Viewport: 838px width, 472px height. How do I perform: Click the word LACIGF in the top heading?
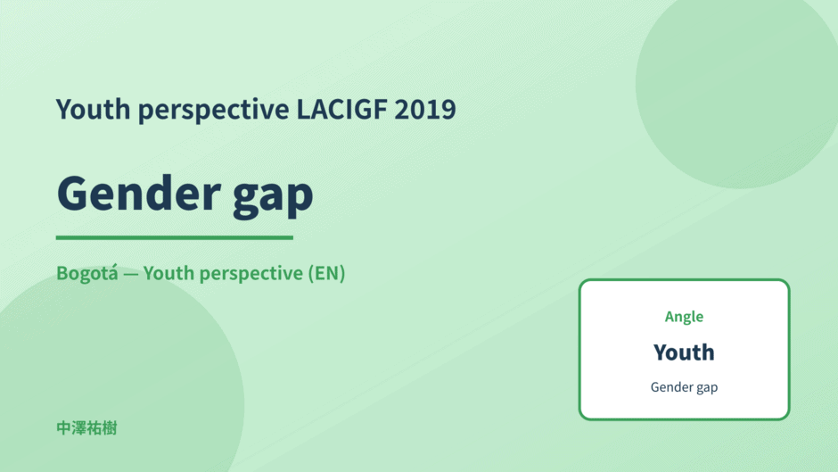click(342, 109)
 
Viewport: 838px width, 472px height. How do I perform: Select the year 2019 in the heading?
click(425, 109)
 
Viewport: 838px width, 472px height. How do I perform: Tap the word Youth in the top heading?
click(93, 109)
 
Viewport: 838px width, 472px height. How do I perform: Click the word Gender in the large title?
click(139, 193)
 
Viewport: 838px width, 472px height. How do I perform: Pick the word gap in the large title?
click(273, 198)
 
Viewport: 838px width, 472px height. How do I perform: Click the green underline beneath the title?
click(175, 237)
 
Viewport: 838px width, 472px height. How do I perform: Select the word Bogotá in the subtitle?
click(87, 273)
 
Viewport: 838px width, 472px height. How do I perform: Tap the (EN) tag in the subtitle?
click(326, 273)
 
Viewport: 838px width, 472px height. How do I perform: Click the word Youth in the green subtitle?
click(168, 273)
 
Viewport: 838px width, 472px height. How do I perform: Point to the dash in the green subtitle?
click(131, 274)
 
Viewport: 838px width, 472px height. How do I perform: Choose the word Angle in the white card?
click(684, 317)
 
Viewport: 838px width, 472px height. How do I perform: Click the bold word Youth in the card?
click(684, 352)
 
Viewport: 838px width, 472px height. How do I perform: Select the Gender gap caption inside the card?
click(684, 387)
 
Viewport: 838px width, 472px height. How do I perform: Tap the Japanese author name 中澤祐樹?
click(86, 428)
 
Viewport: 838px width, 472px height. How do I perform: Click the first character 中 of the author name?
click(63, 428)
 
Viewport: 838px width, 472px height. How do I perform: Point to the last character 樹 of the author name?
click(110, 428)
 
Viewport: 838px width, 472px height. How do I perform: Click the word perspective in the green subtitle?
click(251, 274)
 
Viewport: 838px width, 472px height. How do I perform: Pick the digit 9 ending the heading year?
click(449, 109)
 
